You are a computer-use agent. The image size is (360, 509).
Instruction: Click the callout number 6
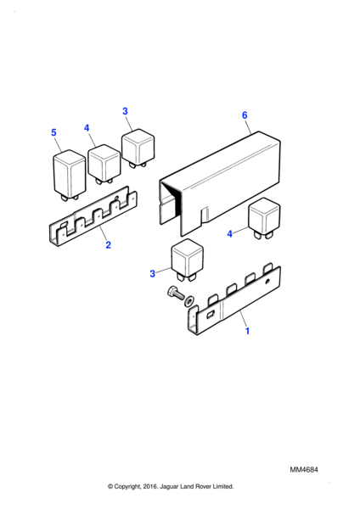pos(245,115)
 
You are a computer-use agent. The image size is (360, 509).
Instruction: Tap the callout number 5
pos(53,132)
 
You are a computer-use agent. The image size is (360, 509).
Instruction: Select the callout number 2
pos(108,245)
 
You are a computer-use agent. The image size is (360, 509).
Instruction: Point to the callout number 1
pos(247,331)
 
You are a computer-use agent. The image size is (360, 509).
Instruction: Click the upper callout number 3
pos(125,111)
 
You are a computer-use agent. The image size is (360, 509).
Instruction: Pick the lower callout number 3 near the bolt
pos(152,274)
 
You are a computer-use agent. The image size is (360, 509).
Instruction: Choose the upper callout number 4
pos(87,128)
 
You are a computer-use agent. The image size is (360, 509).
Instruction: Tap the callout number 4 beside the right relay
pos(230,234)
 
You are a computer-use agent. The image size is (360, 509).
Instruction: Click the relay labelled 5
pos(70,176)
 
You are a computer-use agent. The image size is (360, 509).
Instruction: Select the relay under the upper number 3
pos(138,148)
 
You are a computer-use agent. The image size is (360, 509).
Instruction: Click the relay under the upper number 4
pos(104,164)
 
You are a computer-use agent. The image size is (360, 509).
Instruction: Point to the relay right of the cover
pos(264,218)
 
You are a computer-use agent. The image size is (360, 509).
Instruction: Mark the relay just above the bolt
pos(188,260)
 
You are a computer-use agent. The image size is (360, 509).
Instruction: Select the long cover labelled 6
pos(220,183)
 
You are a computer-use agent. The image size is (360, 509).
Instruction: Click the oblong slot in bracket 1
pos(211,314)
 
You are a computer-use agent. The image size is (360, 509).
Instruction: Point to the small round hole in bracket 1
pos(267,282)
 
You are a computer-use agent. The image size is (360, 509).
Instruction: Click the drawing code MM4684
pos(304,470)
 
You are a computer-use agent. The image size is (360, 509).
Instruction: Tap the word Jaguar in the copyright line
pos(168,487)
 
